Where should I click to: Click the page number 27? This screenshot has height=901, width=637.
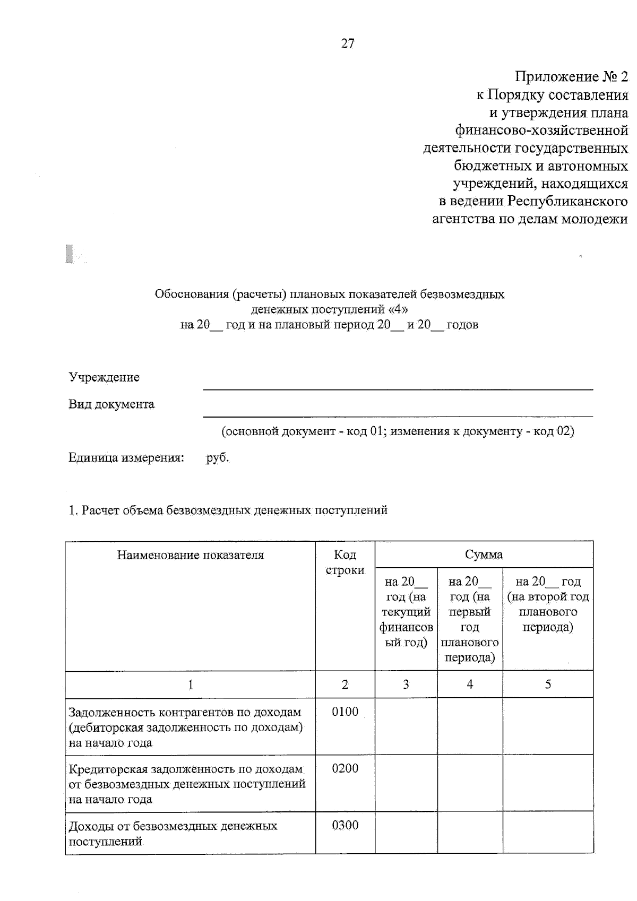click(348, 44)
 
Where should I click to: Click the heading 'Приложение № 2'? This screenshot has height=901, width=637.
click(571, 77)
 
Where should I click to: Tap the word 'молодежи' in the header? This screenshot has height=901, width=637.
click(596, 219)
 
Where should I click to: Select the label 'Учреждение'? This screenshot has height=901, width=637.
click(104, 377)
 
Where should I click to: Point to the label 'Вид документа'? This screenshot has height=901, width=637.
click(111, 404)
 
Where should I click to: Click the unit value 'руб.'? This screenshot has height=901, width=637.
click(218, 457)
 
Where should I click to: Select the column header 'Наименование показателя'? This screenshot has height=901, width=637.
click(190, 555)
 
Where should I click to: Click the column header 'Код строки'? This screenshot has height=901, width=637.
click(345, 562)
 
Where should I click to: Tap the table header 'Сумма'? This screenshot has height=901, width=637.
click(484, 555)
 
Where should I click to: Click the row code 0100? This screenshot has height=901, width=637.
click(345, 712)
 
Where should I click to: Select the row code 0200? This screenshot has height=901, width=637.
click(345, 768)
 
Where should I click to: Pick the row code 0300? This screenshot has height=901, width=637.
click(345, 825)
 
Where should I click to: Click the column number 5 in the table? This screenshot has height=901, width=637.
click(548, 684)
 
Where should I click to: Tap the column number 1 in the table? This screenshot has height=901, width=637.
click(190, 685)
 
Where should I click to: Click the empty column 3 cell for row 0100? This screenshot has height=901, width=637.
click(406, 726)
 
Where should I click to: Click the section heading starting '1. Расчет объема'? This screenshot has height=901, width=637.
click(228, 510)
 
